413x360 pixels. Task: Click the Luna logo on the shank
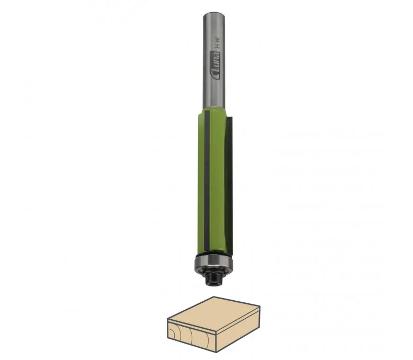[216, 65]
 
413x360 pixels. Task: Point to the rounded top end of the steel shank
[214, 14]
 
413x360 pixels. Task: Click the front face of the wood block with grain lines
[192, 336]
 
